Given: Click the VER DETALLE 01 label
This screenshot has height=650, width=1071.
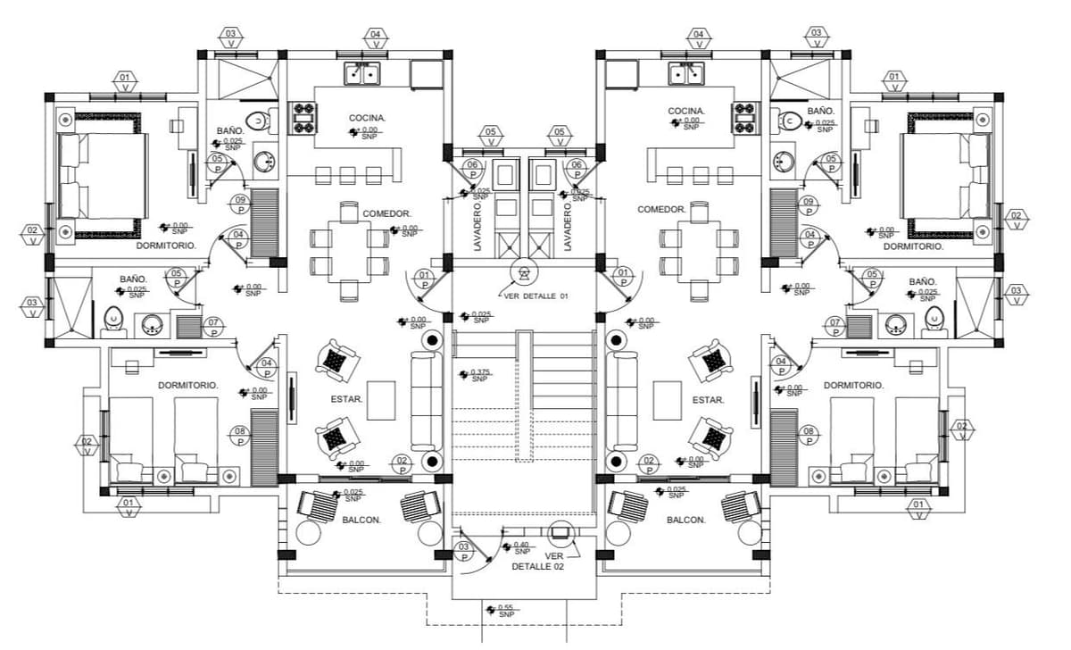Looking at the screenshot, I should tap(535, 296).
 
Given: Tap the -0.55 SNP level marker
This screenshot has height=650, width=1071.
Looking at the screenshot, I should tap(505, 611).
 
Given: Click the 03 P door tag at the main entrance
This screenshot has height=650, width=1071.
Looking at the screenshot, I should tap(463, 551).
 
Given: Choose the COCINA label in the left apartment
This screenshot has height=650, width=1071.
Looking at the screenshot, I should tap(367, 118).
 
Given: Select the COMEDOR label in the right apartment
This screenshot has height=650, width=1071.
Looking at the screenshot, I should tap(661, 209).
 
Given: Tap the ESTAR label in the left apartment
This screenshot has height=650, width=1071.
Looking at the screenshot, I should tap(348, 399).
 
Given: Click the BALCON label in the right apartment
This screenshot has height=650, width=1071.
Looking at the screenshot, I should tap(686, 520).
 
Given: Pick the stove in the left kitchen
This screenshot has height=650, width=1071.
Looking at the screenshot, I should tap(303, 119).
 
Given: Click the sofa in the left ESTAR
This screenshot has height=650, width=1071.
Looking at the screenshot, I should tap(425, 401).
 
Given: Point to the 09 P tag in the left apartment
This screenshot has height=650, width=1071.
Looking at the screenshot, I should tap(240, 204).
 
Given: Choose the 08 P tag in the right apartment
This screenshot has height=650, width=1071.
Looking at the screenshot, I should tap(809, 436).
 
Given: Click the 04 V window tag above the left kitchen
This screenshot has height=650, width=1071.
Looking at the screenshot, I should tap(376, 38).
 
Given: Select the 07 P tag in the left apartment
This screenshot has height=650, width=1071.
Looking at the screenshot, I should tap(213, 326).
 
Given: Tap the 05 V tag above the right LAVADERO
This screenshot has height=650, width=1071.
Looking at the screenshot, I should tap(560, 137).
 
